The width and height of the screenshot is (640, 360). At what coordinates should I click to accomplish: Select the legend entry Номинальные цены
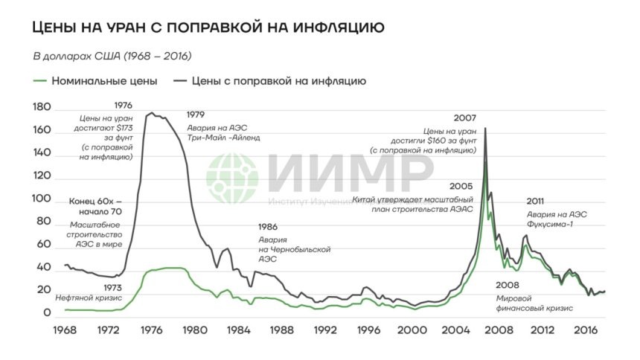103,80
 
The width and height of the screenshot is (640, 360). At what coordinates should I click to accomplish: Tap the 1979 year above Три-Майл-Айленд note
196,115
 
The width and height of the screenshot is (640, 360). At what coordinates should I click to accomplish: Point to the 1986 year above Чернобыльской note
269,227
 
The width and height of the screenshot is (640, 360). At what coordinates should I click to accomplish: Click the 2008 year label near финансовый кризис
508,285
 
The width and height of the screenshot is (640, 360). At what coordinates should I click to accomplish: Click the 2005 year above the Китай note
461,186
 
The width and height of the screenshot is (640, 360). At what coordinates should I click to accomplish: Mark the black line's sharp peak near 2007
485,129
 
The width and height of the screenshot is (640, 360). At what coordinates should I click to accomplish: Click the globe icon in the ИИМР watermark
232,179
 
